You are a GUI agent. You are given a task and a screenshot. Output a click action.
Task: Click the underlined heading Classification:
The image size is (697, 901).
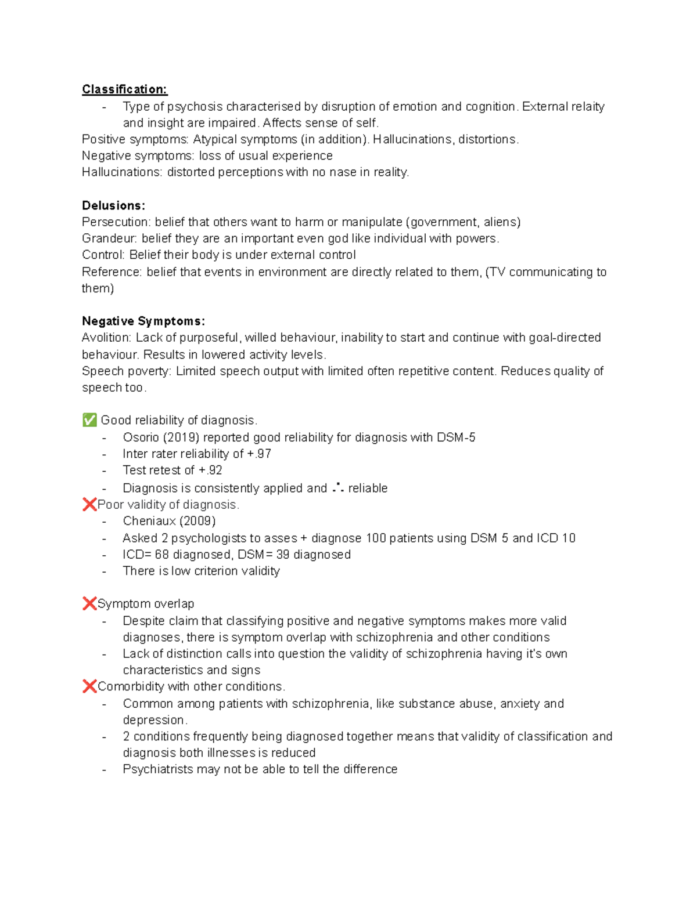point(124,89)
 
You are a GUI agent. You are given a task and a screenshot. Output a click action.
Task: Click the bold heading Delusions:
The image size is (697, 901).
point(113,205)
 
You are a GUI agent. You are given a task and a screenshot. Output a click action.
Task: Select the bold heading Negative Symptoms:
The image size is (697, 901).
point(143,321)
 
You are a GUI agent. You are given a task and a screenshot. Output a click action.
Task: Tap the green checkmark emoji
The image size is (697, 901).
point(89,420)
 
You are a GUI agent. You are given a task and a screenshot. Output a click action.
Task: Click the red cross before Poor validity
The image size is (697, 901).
point(89,504)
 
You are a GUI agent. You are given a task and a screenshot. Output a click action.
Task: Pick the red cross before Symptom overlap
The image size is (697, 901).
point(89,603)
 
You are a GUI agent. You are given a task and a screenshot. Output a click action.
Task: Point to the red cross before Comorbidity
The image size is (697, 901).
point(89,686)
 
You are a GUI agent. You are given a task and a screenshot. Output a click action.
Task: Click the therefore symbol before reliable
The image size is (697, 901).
point(337,488)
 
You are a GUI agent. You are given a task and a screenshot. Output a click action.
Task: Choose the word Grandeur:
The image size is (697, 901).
point(110,238)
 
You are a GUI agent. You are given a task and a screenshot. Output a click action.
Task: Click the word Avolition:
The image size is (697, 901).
point(107,338)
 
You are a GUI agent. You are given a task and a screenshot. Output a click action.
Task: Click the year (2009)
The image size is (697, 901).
point(197,521)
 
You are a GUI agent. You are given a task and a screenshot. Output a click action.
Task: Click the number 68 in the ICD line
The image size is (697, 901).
point(161,555)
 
